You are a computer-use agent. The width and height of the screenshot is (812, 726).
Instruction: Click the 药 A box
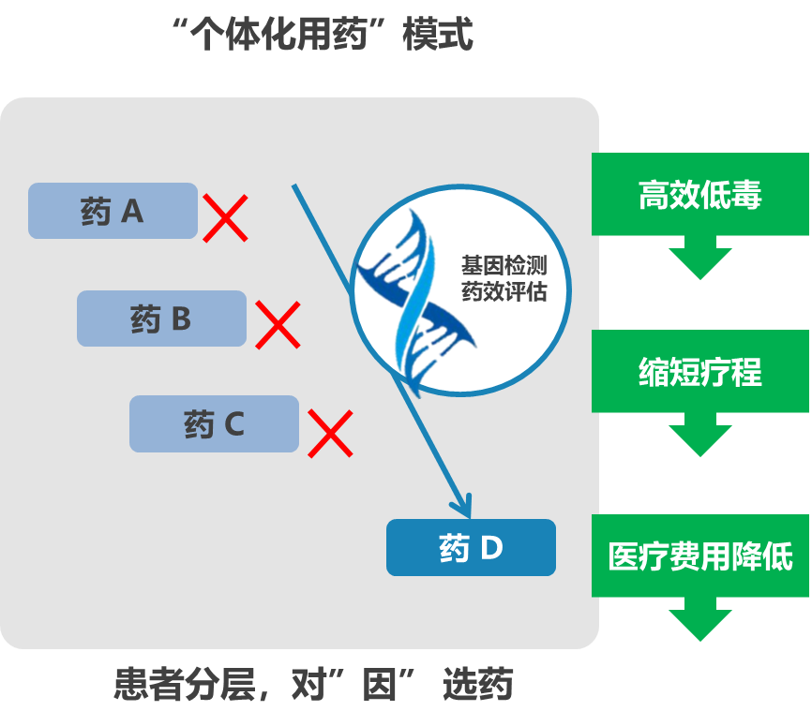coord(113,211)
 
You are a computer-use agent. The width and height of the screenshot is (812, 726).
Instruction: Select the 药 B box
coord(161,319)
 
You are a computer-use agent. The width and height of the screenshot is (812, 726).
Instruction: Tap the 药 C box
coord(214,424)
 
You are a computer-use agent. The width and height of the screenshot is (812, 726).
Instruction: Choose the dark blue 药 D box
coord(471,548)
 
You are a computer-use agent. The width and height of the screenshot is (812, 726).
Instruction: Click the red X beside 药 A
coord(226,218)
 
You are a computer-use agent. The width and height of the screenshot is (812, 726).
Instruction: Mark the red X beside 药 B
coord(278,325)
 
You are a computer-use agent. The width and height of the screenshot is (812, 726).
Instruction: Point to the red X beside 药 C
coord(330,433)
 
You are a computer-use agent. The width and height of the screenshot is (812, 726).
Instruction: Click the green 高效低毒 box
coord(699,194)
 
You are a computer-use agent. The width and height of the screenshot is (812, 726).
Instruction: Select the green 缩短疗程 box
coord(699,372)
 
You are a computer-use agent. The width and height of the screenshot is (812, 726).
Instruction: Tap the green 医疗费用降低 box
coord(699,556)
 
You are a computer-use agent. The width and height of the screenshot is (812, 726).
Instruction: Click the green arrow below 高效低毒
coord(699,257)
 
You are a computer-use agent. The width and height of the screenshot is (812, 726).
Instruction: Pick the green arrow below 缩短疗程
coord(699,435)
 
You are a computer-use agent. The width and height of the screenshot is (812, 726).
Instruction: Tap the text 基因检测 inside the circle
coord(503,266)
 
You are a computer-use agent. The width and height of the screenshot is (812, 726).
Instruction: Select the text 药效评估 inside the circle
coord(503,291)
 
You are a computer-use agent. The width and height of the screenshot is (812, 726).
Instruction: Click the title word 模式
coord(437,36)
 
